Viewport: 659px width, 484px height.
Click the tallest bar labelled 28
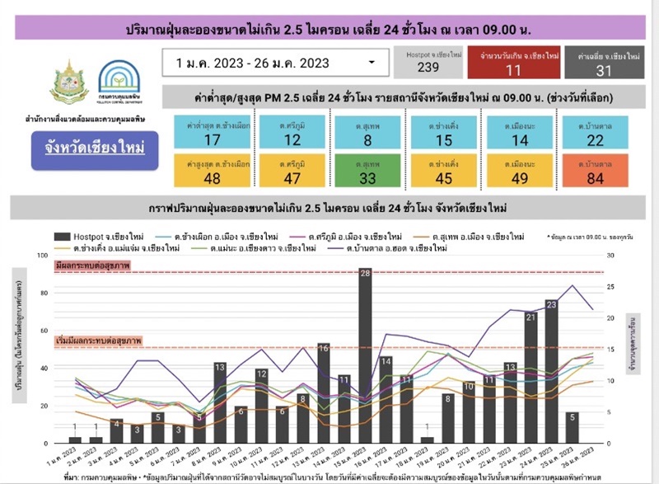pyautogui.click(x=364, y=355)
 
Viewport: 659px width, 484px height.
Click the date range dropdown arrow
pyautogui.click(x=372, y=62)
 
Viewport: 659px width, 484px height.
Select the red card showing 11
pyautogui.click(x=513, y=63)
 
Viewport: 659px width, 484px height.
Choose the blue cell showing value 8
pyautogui.click(x=367, y=133)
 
